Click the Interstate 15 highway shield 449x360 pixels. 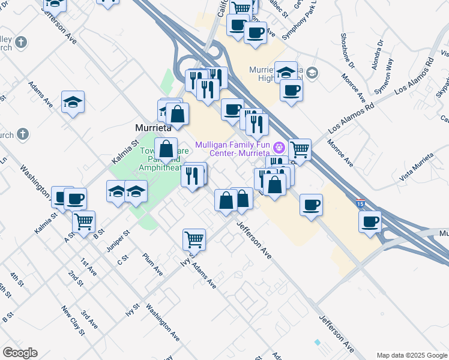click(x=360, y=203)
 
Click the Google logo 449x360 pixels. click(x=20, y=353)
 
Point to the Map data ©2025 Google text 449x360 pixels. click(x=412, y=355)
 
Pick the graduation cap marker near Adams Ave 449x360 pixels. click(x=73, y=101)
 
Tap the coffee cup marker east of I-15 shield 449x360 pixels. click(x=370, y=221)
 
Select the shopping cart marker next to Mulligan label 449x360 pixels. click(x=300, y=149)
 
